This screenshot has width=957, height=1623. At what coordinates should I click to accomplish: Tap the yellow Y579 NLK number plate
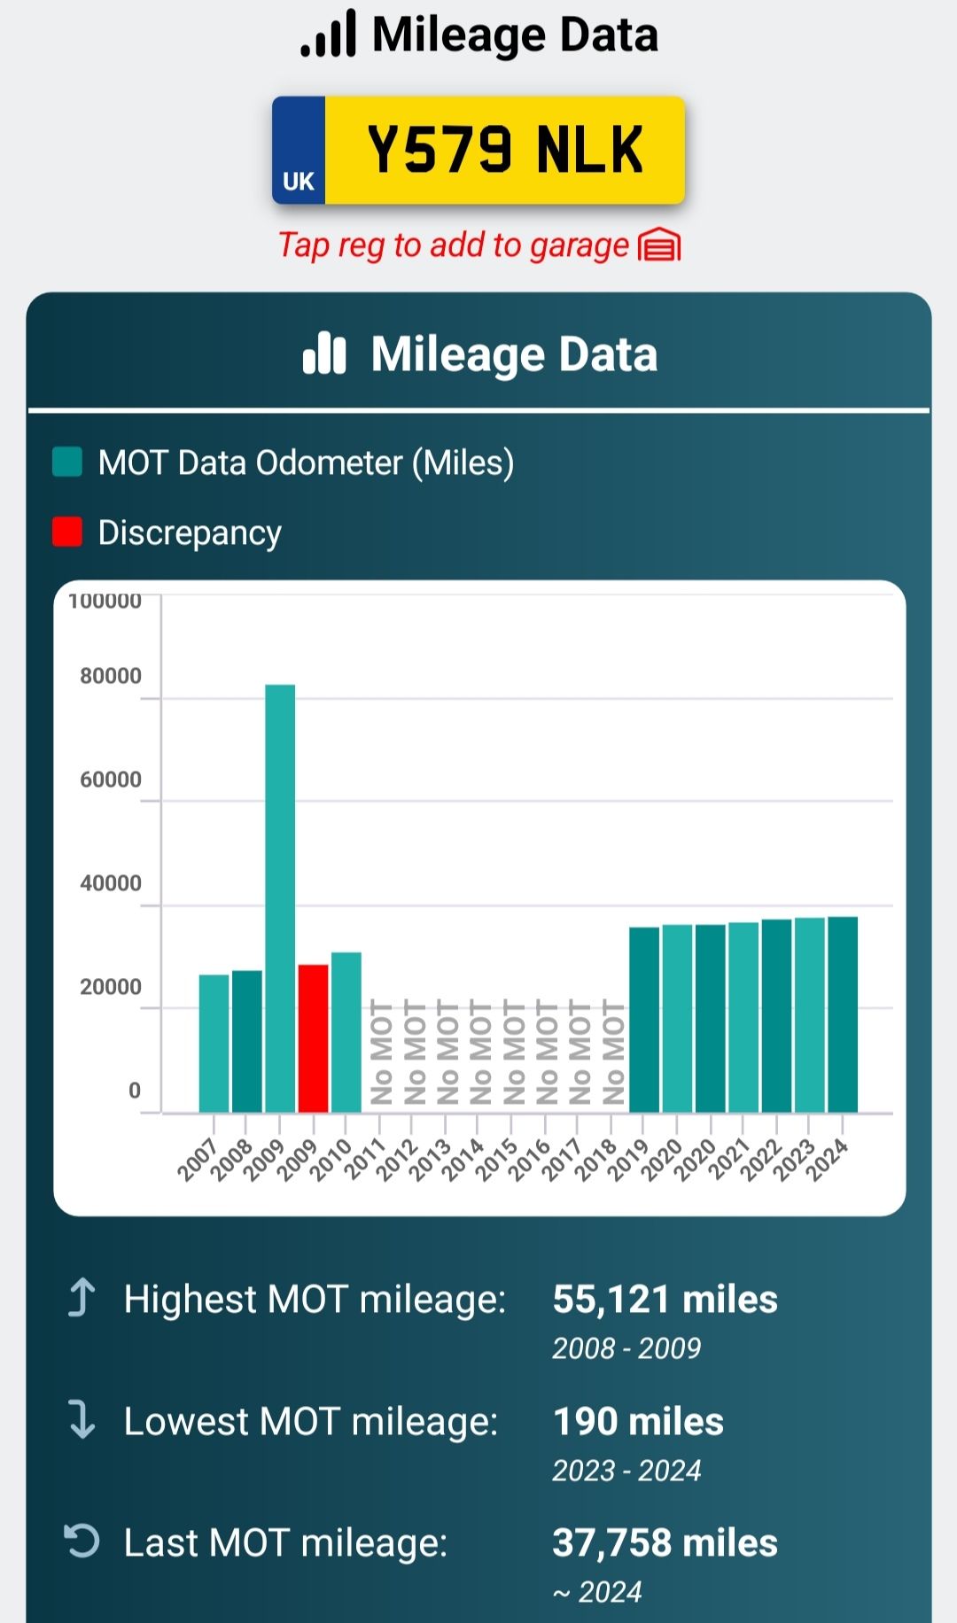pyautogui.click(x=504, y=150)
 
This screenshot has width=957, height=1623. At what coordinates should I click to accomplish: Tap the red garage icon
pyautogui.click(x=659, y=245)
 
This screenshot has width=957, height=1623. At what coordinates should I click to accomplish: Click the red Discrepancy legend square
pyautogui.click(x=67, y=532)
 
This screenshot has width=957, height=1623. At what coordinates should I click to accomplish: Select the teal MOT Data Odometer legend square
pyautogui.click(x=67, y=462)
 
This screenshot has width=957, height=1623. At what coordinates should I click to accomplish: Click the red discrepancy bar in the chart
pyautogui.click(x=314, y=1037)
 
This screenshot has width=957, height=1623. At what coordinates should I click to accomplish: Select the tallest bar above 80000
pyautogui.click(x=280, y=897)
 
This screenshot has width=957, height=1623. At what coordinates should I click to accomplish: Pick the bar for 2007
pyautogui.click(x=214, y=1043)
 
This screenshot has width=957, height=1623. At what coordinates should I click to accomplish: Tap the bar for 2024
pyautogui.click(x=843, y=1014)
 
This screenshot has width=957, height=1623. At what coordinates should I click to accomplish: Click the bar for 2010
pyautogui.click(x=346, y=1032)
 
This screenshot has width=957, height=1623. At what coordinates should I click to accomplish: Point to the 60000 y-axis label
pyautogui.click(x=111, y=780)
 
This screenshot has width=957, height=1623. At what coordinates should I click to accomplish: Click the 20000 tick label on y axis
pyautogui.click(x=111, y=987)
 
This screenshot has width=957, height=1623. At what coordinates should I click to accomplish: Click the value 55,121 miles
pyautogui.click(x=665, y=1300)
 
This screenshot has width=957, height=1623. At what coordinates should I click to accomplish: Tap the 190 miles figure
pyautogui.click(x=638, y=1422)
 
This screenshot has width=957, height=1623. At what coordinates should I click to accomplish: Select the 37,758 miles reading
pyautogui.click(x=665, y=1543)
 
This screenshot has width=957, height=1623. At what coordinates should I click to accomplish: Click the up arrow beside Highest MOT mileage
pyautogui.click(x=82, y=1298)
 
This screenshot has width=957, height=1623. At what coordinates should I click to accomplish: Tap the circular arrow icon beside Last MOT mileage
pyautogui.click(x=82, y=1541)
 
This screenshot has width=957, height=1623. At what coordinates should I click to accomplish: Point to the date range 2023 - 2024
pyautogui.click(x=626, y=1471)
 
